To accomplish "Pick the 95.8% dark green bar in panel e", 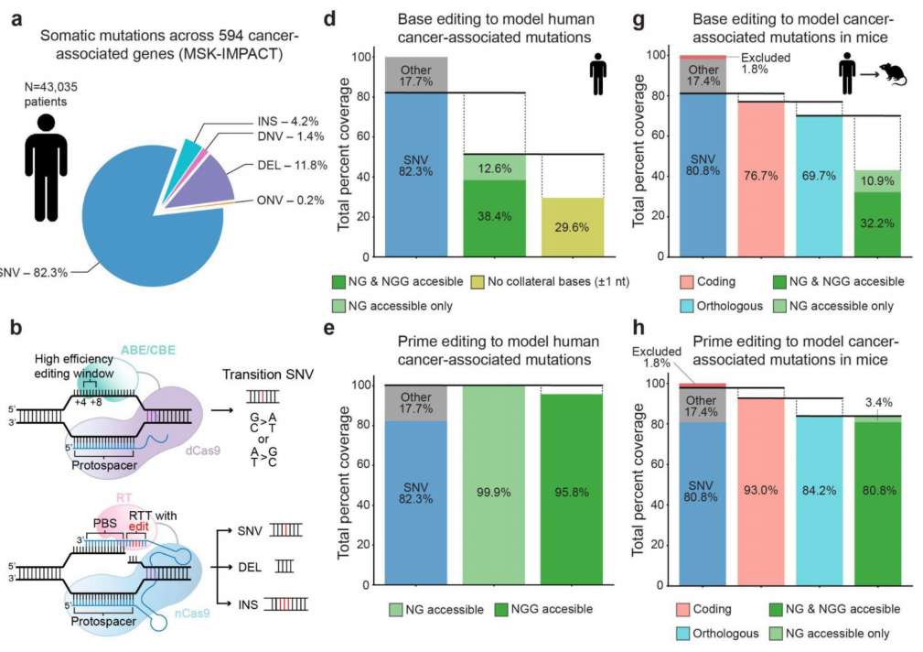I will pyautogui.click(x=573, y=490).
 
